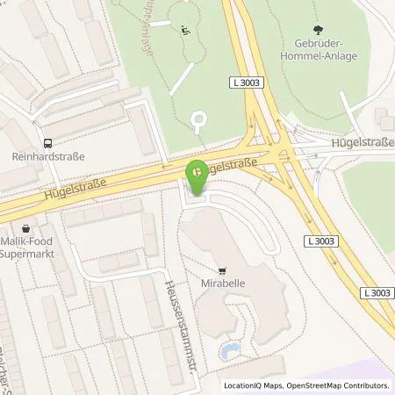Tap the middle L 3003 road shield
coord(320,241)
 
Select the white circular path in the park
coord(199,120)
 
